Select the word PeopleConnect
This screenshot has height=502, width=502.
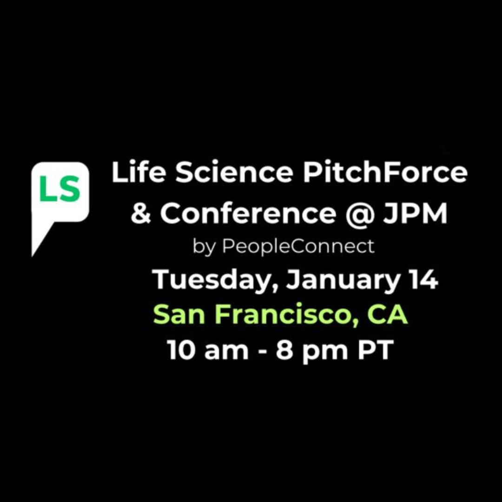coord(298,247)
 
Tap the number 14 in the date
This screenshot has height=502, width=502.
coord(423,280)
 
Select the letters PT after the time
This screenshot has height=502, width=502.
coord(375,350)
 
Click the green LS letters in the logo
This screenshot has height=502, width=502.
coord(60,191)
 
